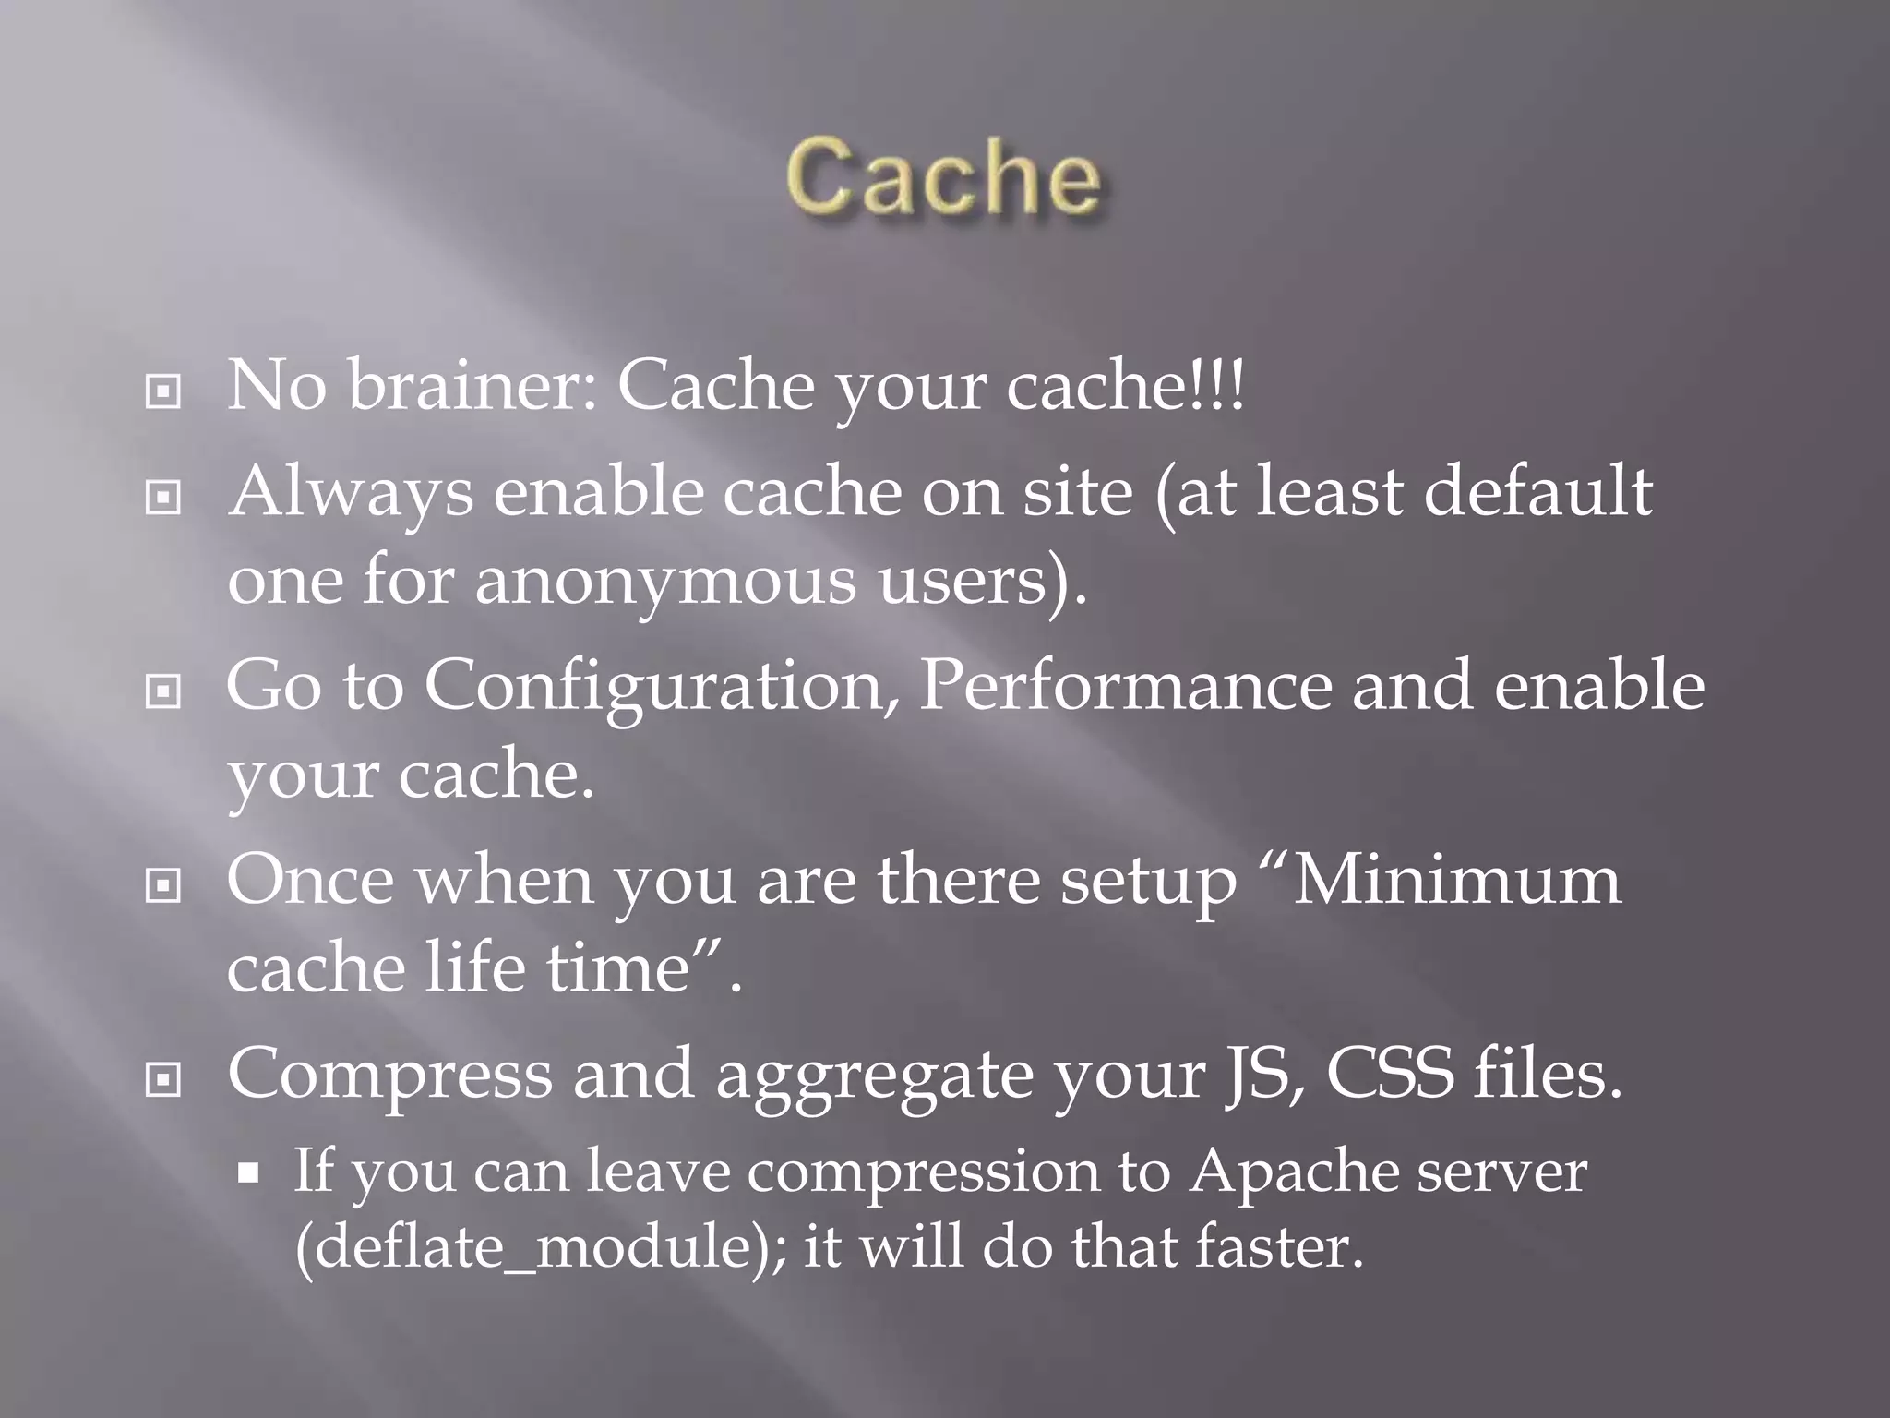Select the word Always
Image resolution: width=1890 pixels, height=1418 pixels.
(351, 492)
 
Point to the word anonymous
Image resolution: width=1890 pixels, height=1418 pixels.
(664, 583)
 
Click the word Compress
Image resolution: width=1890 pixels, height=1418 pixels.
(389, 1076)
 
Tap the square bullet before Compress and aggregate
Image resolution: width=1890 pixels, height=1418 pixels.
(163, 1080)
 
